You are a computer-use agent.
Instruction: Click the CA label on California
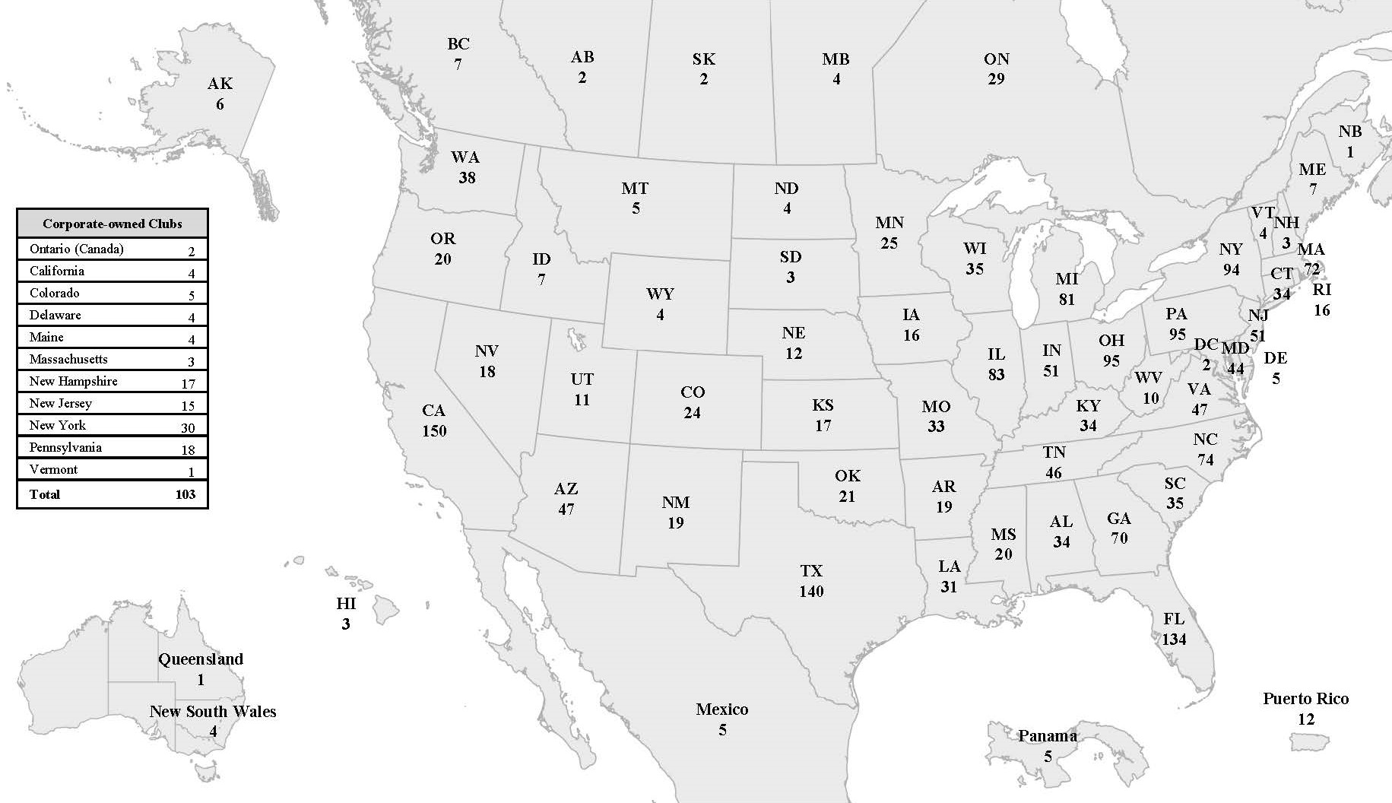coord(433,411)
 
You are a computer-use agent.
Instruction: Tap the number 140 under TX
coord(811,591)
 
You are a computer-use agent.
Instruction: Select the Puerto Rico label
coord(1305,698)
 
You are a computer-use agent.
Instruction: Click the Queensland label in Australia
coord(201,659)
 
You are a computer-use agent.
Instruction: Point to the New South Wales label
coord(213,712)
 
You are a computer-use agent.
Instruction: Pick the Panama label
coord(1047,735)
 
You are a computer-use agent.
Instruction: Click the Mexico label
coord(722,709)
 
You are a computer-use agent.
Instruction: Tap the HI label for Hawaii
coord(346,604)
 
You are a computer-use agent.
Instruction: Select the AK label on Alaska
coord(220,84)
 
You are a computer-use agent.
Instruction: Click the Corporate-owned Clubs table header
coord(113,224)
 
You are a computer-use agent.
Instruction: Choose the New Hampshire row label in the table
coord(73,381)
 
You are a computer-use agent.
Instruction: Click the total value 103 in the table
coord(185,494)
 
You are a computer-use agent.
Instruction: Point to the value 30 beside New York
coord(188,427)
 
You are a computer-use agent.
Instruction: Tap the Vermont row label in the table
coord(53,469)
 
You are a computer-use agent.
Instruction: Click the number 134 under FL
coord(1174,639)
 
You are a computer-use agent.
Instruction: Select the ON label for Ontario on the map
coord(996,59)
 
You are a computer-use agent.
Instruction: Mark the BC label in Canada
coord(458,44)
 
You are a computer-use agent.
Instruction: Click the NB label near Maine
coord(1349,132)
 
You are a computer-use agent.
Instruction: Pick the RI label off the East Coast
coord(1322,290)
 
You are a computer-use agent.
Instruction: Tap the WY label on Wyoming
coord(660,294)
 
